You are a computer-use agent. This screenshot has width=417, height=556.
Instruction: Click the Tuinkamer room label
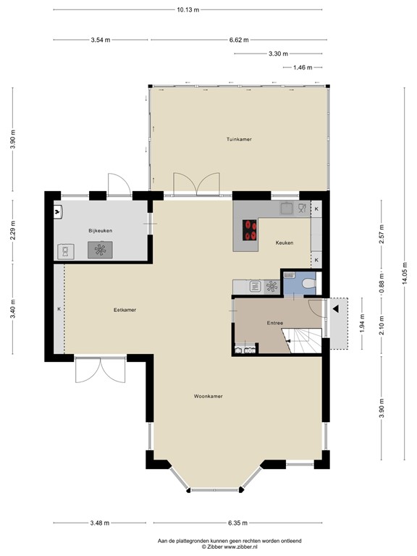(x=239, y=139)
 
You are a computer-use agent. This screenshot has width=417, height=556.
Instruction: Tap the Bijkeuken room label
(x=101, y=230)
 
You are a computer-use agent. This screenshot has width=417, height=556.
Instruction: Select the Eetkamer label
(x=125, y=310)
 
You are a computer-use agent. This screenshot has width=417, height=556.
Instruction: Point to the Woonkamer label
(x=208, y=396)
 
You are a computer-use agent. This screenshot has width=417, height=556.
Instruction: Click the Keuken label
(x=285, y=243)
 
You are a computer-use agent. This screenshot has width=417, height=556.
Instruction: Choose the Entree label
(x=275, y=323)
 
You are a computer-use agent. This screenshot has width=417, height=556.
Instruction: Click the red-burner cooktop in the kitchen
(x=250, y=230)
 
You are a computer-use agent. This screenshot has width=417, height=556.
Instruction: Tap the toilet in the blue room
(x=309, y=283)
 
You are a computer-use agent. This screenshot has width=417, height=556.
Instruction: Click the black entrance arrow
(x=335, y=309)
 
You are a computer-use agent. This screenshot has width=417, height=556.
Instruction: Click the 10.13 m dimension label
(x=188, y=9)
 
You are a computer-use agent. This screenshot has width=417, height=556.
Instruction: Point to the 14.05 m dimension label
(x=405, y=273)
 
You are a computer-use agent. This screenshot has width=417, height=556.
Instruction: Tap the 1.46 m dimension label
(x=303, y=67)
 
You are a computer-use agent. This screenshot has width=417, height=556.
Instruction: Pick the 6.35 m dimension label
(x=237, y=523)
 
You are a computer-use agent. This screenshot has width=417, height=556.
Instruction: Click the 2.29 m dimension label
(x=13, y=230)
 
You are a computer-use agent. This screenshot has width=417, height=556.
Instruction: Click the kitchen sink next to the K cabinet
(x=287, y=208)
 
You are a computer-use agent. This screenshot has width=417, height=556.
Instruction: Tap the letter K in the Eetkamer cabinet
(x=59, y=309)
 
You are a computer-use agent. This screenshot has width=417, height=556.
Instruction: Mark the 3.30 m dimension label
(x=278, y=54)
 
